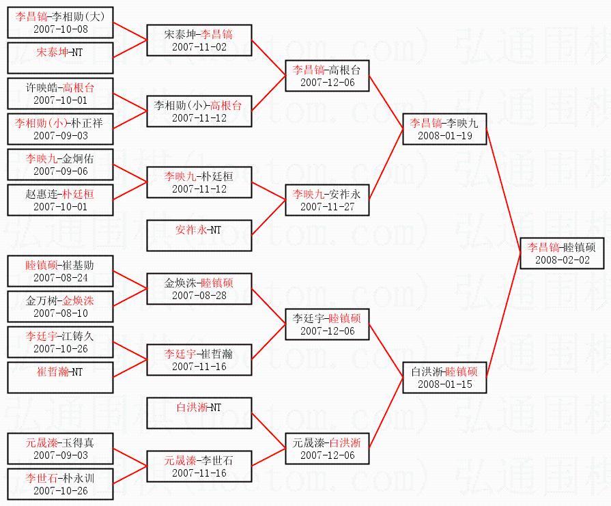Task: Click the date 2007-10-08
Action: [60, 30]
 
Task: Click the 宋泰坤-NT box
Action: [60, 57]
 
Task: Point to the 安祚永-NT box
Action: [199, 236]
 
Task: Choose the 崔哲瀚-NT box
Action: [60, 378]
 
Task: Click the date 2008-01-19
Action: [444, 135]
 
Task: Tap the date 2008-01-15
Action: [444, 384]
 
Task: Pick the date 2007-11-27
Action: [327, 206]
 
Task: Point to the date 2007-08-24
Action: [60, 278]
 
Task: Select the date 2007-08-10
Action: [60, 313]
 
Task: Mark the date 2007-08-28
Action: [199, 294]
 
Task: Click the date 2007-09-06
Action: [60, 171]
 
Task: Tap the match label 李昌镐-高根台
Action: [327, 69]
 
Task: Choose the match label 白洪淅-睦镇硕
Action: [444, 372]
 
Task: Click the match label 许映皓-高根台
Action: [60, 87]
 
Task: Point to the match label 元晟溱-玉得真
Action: [60, 442]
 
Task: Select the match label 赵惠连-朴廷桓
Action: [60, 194]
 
